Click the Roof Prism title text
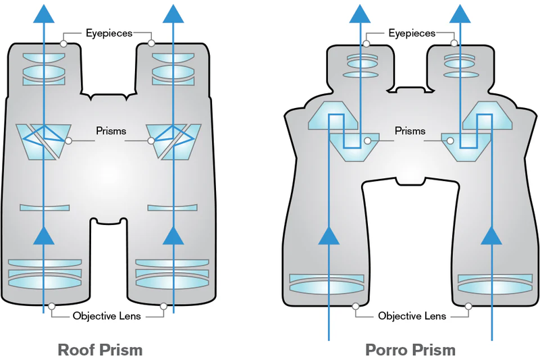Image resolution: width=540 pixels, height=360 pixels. [x=101, y=349]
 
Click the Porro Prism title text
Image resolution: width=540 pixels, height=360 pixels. [x=410, y=349]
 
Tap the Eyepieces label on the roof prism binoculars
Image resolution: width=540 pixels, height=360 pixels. [x=108, y=32]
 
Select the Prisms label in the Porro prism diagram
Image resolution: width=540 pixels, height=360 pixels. [x=410, y=131]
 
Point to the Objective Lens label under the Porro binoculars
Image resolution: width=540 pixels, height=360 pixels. [x=412, y=315]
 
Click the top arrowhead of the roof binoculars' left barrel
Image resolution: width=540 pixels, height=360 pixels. [x=45, y=14]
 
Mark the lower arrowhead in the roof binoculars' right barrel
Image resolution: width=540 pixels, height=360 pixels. [x=175, y=234]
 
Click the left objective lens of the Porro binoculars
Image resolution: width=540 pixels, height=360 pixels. [x=328, y=284]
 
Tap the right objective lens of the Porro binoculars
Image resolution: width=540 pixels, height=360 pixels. [x=491, y=284]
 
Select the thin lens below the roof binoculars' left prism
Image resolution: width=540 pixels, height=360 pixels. [x=45, y=207]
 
